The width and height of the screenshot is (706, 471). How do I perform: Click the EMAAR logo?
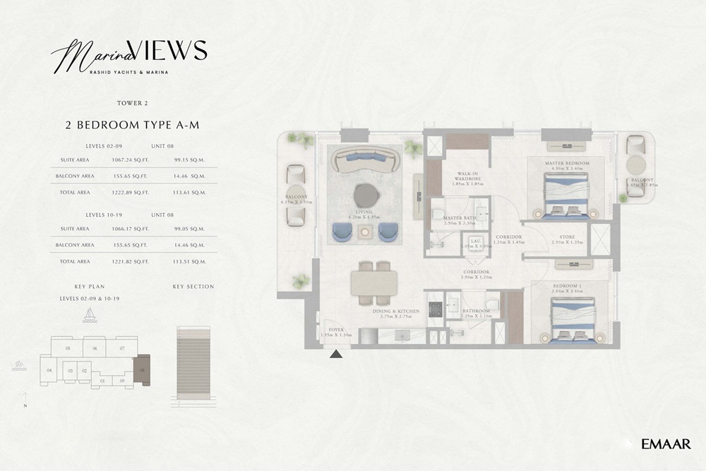[666, 443]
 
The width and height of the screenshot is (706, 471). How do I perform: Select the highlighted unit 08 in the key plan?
[143, 369]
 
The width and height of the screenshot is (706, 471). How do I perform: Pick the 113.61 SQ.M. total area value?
[189, 192]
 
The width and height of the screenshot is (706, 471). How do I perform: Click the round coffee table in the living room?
[365, 195]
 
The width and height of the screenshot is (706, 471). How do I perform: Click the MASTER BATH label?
[457, 218]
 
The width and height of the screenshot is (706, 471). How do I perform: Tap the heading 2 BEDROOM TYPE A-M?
[132, 126]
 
